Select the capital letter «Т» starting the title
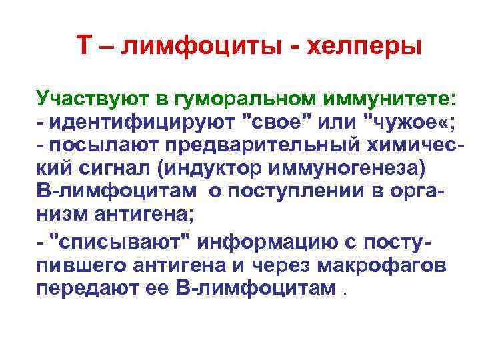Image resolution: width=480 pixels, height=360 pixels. click(83, 45)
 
